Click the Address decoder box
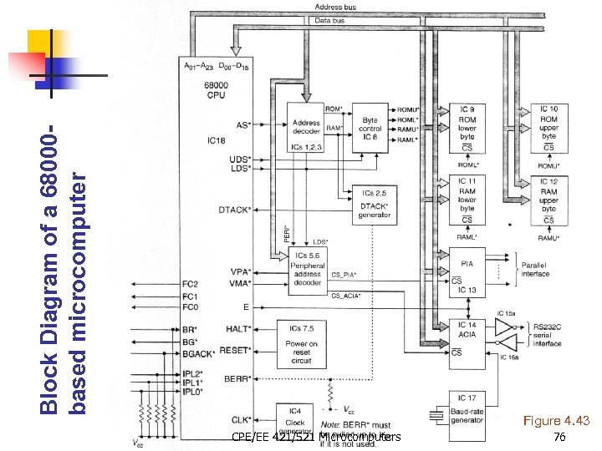point(306,129)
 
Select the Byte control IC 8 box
point(370,129)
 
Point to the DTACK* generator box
point(374,205)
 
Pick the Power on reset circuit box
point(301,343)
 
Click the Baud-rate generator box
point(467,408)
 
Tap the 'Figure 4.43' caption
point(557,420)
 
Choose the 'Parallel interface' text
point(534,269)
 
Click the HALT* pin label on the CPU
point(238,329)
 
